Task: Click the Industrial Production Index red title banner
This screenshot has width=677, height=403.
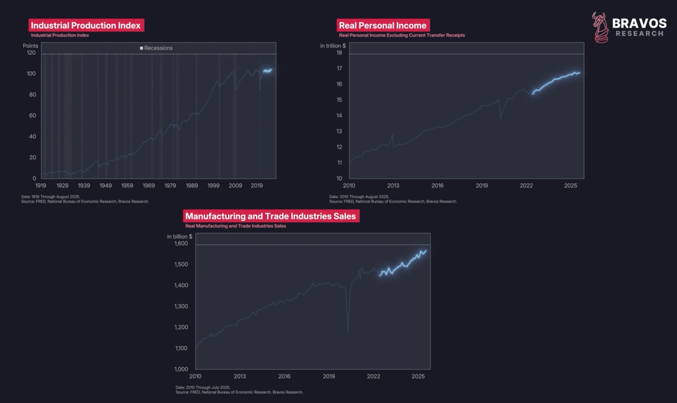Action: (x=85, y=26)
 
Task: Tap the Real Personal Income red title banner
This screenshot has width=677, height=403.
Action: (x=382, y=26)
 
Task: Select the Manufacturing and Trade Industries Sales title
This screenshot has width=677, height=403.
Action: (x=271, y=216)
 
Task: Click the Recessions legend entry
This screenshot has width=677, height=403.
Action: (x=156, y=48)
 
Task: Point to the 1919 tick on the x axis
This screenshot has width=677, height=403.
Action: (x=41, y=185)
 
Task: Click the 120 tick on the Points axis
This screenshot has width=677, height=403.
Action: (x=31, y=53)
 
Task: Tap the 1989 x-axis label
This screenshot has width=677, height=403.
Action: (x=192, y=185)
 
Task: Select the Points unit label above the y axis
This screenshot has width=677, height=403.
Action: (x=31, y=46)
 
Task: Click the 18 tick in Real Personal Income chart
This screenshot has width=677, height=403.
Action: (x=338, y=53)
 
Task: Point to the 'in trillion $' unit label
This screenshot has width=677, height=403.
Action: (x=333, y=46)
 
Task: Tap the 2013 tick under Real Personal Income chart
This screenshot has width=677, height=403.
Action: (x=393, y=185)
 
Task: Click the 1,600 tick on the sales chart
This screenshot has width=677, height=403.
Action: (x=181, y=244)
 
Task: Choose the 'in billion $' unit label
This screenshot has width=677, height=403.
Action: (x=180, y=236)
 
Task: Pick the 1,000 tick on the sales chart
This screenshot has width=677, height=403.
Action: (x=181, y=369)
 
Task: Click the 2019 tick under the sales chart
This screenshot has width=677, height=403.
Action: (x=329, y=376)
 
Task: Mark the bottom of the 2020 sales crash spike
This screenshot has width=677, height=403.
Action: (x=348, y=331)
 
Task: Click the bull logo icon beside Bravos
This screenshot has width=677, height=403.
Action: (x=600, y=27)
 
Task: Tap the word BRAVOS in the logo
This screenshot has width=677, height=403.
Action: (x=639, y=23)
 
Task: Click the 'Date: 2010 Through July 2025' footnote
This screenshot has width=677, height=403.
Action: (x=203, y=387)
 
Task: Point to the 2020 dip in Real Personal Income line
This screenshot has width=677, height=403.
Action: (x=501, y=118)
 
